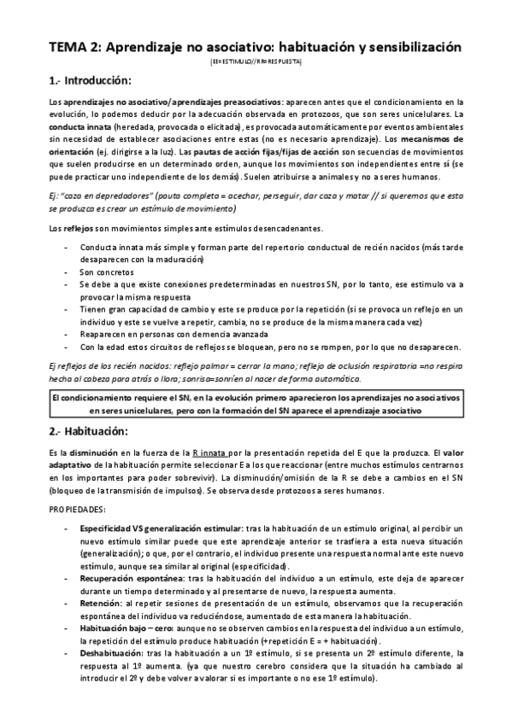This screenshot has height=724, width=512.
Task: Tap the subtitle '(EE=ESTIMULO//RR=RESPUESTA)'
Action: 256,63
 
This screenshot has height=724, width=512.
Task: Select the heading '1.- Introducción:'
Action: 90,81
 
